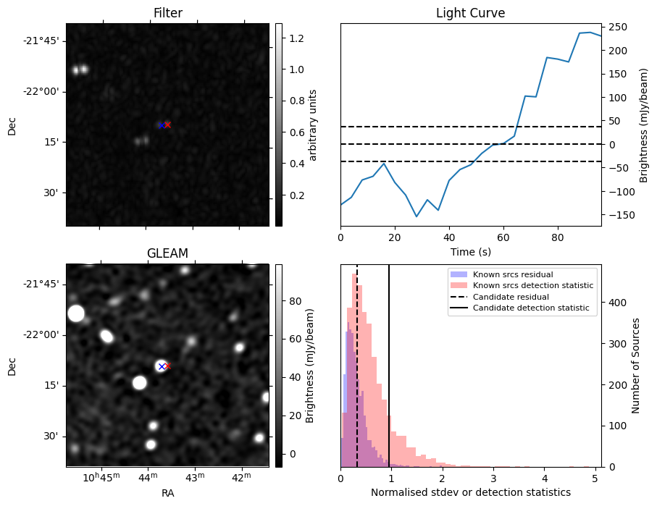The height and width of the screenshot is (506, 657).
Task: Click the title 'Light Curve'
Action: tap(470, 13)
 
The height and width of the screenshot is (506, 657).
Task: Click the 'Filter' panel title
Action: tap(167, 13)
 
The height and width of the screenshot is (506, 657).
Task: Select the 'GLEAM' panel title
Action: tap(167, 253)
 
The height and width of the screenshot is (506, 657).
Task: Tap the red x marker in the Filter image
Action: tap(167, 125)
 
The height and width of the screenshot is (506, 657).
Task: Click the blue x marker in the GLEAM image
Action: tap(162, 366)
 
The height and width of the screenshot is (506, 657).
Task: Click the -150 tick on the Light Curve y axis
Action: tap(619, 215)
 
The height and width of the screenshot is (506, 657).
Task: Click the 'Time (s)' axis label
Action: tap(470, 250)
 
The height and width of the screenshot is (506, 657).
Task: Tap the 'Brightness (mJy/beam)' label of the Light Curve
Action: tap(644, 125)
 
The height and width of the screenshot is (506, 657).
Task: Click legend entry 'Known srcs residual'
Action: tap(512, 275)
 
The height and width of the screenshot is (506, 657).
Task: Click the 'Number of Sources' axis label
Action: tap(636, 365)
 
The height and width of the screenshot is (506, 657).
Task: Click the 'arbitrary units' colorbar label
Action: tap(313, 125)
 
